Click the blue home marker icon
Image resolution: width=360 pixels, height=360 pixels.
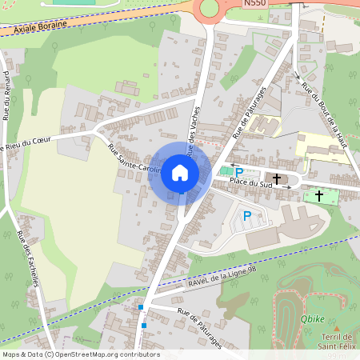pyautogui.click(x=180, y=174)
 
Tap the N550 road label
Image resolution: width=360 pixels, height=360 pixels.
pyautogui.click(x=255, y=5)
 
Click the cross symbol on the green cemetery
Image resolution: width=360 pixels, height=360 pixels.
pyautogui.click(x=319, y=194)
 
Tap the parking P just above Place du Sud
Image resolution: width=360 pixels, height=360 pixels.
pyautogui.click(x=238, y=171)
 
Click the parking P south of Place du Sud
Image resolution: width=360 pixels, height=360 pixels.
pyautogui.click(x=247, y=215)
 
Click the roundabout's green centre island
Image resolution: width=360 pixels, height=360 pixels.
pyautogui.click(x=210, y=7)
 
